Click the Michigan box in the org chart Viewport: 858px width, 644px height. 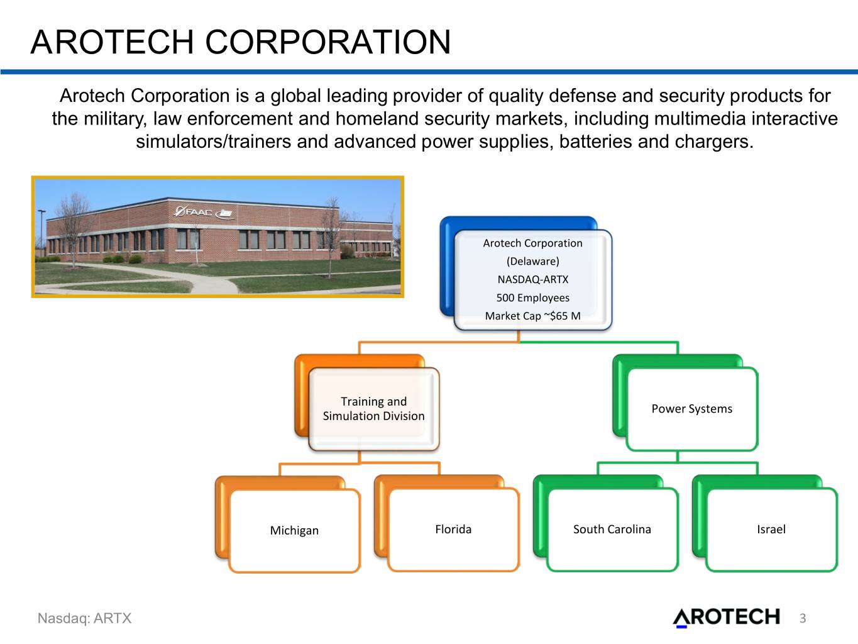click(x=294, y=530)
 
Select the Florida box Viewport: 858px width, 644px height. click(x=453, y=529)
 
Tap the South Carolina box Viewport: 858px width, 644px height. click(x=612, y=529)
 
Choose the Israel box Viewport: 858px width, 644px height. click(x=771, y=529)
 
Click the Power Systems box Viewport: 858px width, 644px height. click(x=692, y=409)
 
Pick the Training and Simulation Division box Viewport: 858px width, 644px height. click(x=373, y=409)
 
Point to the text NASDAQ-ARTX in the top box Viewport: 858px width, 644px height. click(x=533, y=279)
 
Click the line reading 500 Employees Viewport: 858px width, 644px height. click(x=533, y=297)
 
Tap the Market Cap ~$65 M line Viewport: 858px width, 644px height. click(x=533, y=316)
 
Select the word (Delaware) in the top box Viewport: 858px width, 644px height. click(x=533, y=261)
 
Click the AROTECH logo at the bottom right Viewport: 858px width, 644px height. click(x=727, y=617)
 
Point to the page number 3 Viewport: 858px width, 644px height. click(x=803, y=618)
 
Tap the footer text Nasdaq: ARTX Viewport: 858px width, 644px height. click(x=85, y=618)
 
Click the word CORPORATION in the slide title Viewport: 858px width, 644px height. click(x=328, y=42)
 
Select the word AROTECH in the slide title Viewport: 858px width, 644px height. click(x=112, y=42)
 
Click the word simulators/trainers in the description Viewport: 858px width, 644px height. click(x=214, y=142)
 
